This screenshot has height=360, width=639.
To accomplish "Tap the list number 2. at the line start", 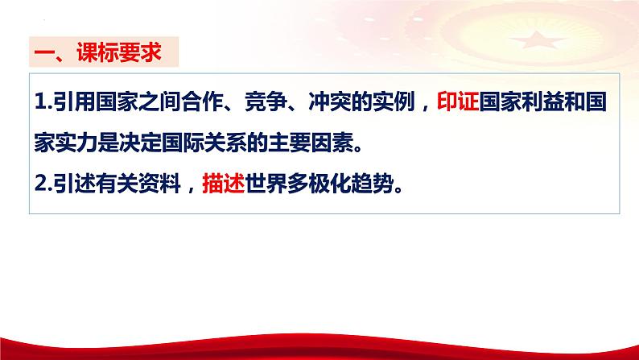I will tap(44, 184).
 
